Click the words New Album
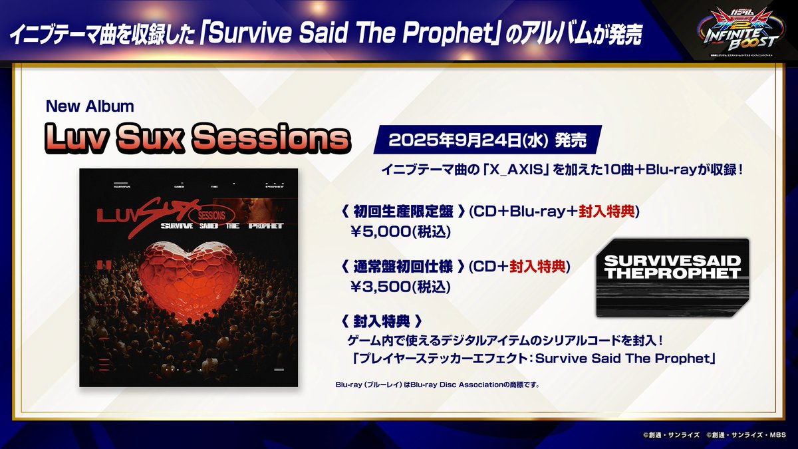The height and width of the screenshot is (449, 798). [90, 106]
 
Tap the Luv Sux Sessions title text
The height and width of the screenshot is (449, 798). [196, 138]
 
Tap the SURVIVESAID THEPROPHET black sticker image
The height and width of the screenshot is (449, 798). [672, 277]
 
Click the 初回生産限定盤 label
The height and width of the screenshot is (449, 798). [403, 212]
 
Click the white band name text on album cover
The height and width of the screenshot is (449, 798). [219, 225]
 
